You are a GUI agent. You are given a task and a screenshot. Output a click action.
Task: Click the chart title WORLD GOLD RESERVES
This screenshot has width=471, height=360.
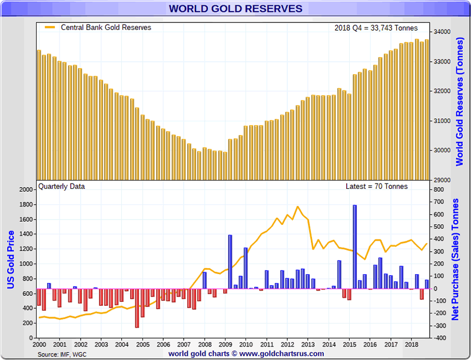pos(235,9)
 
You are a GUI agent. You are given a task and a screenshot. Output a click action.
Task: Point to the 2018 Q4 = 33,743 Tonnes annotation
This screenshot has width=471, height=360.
pos(377,28)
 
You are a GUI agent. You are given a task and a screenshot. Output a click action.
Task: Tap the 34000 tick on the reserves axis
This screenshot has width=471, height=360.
pos(442,32)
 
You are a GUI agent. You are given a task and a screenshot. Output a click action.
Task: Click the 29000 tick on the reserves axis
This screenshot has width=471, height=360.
pos(442,179)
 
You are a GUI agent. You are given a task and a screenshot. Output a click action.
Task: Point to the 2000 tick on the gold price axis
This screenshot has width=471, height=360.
pos(27,190)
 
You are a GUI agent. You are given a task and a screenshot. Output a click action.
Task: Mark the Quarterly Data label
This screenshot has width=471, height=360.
pos(61,186)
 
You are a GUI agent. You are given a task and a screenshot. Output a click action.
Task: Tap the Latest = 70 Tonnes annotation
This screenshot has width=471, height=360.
pos(377,186)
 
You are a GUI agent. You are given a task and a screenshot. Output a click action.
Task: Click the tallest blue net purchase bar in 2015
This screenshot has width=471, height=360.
pos(354,246)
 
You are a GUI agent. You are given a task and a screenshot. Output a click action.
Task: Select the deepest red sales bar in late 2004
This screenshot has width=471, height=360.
pos(137,308)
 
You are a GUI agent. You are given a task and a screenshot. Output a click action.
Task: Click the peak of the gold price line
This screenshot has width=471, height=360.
pos(297,206)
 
